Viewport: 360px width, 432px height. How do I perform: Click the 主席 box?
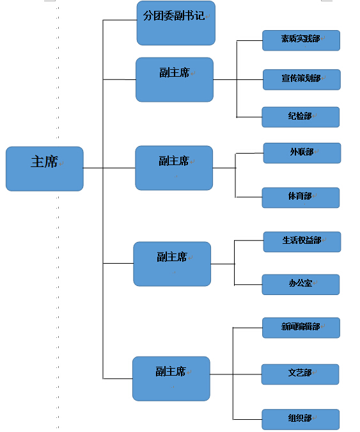click(x=45, y=168)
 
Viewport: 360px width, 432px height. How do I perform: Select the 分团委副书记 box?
click(x=176, y=23)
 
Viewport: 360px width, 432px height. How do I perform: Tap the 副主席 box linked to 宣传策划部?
click(x=175, y=79)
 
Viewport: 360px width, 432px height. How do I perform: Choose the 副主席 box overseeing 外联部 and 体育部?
click(x=174, y=168)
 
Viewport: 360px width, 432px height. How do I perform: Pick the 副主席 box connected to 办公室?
click(x=172, y=264)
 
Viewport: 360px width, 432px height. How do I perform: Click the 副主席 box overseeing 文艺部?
click(x=171, y=378)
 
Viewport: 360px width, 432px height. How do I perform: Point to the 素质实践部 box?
click(x=301, y=40)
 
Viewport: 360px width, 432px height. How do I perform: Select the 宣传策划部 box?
click(x=302, y=79)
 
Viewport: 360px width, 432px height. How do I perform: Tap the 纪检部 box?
click(x=301, y=117)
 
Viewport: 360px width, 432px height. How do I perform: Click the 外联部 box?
click(x=302, y=153)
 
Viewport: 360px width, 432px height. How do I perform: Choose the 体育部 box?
click(x=301, y=198)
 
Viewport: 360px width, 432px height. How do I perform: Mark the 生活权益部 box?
click(x=302, y=242)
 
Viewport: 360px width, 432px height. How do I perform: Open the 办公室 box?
click(x=301, y=285)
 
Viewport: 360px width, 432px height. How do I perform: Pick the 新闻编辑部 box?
click(x=301, y=328)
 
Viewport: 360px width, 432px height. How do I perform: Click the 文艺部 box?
click(x=300, y=374)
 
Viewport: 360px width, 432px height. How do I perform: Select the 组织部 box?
click(x=301, y=419)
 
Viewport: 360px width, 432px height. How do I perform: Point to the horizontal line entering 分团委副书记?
click(x=120, y=20)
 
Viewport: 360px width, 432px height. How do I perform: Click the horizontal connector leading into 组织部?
click(x=247, y=420)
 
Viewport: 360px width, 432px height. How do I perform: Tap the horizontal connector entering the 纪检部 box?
click(x=249, y=117)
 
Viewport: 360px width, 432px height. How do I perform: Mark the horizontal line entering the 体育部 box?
click(x=249, y=197)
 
